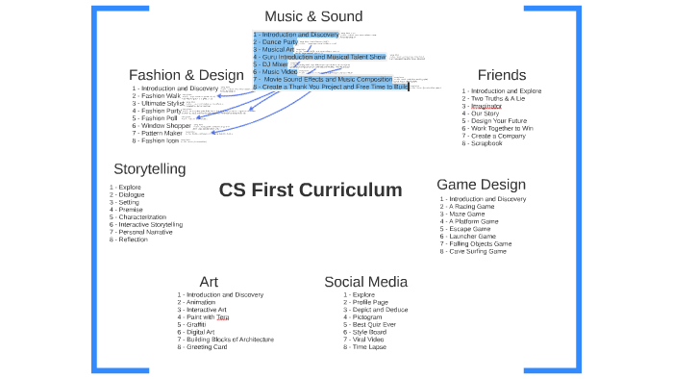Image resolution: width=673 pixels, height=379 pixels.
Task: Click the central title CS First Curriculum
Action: [x=310, y=189]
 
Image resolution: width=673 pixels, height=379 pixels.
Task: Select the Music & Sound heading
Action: [x=313, y=16]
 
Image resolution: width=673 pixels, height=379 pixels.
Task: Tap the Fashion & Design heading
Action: [x=186, y=75]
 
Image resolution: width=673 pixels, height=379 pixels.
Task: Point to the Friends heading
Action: [x=501, y=75]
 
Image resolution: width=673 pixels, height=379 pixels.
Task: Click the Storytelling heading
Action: [x=149, y=168]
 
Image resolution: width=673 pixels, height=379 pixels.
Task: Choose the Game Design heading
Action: [x=481, y=184]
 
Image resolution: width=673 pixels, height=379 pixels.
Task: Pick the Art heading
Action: [x=209, y=281]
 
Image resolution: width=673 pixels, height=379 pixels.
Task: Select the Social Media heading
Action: [x=365, y=281]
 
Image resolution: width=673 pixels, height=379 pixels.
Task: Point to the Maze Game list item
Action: [x=467, y=214]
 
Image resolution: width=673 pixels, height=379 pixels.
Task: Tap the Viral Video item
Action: [x=361, y=340]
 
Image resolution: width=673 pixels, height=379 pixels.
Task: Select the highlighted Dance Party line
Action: [x=278, y=42]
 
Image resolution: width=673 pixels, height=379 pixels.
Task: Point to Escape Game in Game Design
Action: [x=468, y=229]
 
